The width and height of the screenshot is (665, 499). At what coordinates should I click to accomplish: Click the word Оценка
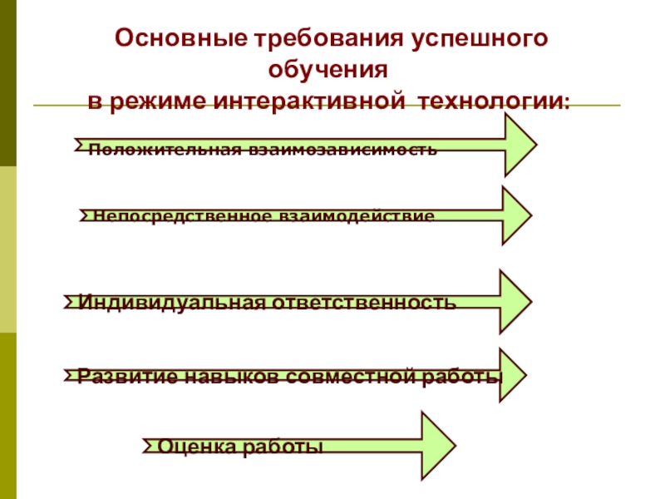[196, 447]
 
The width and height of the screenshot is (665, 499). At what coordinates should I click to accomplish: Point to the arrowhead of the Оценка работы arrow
[436, 446]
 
